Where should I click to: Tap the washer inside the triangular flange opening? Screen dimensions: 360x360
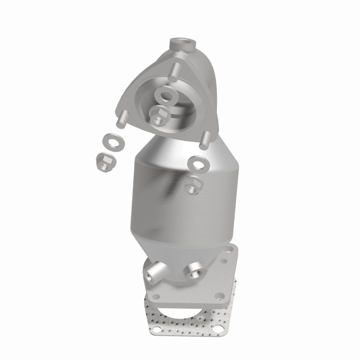[x=167, y=96]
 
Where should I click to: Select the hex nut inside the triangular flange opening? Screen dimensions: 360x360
[x=157, y=117]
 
